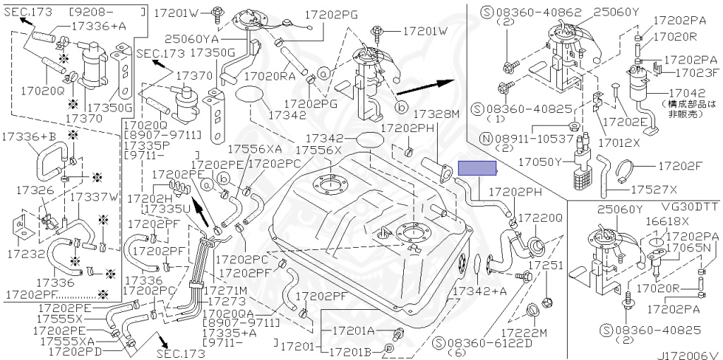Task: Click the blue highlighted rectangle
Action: (478, 168)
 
